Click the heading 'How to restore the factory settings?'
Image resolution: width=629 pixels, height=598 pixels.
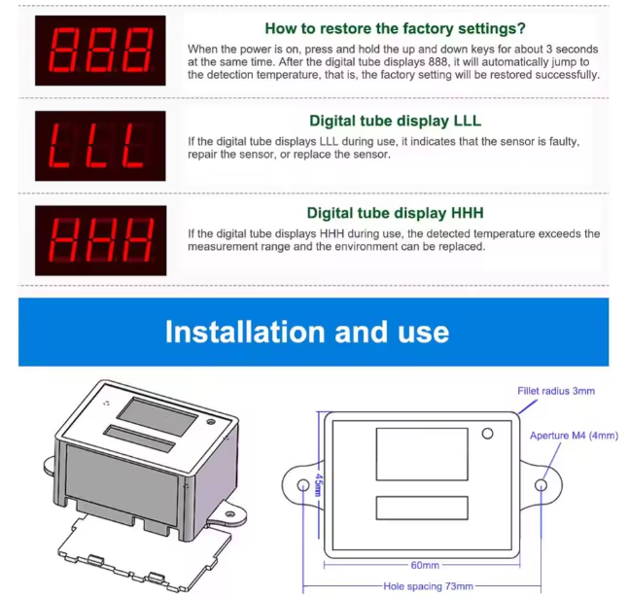point(395,28)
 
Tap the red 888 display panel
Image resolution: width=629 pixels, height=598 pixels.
point(100,51)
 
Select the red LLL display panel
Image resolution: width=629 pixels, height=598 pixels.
point(100,146)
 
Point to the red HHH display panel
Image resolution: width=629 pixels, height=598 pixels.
point(101,240)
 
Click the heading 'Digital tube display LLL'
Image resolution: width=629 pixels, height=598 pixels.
point(395,121)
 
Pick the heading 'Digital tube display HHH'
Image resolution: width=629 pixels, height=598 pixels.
point(395,213)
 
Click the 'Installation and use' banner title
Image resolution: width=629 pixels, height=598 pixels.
point(307,332)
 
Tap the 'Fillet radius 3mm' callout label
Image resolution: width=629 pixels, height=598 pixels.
point(556,391)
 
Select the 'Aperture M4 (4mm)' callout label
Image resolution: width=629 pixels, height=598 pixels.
point(574,436)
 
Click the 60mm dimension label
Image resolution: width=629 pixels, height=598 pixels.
point(425,565)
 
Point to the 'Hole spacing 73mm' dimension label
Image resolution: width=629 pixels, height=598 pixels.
point(428,586)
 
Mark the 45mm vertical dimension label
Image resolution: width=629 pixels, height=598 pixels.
point(319,484)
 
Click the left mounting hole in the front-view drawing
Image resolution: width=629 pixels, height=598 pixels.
point(303,485)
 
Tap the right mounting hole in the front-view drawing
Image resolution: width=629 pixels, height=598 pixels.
point(542,485)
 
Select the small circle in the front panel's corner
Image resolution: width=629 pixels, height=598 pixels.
point(487,434)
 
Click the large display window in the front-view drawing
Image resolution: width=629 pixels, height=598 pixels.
point(422,454)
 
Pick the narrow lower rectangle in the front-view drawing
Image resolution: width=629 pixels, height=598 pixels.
point(422,509)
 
